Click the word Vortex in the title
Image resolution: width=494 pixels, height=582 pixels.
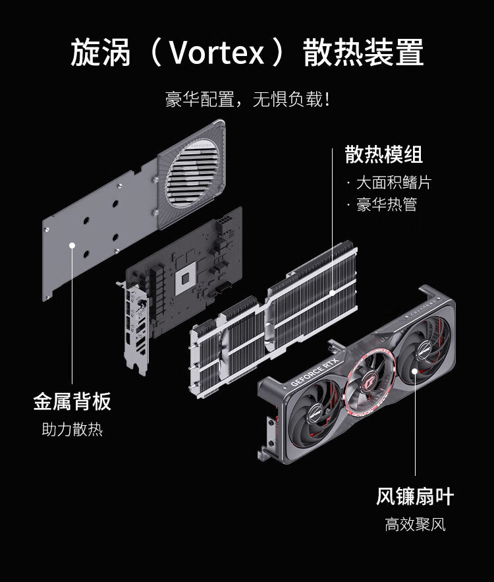tap(216, 53)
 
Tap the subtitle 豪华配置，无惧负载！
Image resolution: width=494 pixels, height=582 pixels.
tap(247, 100)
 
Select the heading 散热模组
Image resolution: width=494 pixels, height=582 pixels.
tap(383, 155)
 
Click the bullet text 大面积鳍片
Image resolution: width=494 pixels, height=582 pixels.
tap(393, 183)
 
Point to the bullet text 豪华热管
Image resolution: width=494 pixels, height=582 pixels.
tap(387, 204)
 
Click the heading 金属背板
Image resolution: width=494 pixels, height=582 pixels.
tap(72, 401)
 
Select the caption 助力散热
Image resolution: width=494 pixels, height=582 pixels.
tap(72, 430)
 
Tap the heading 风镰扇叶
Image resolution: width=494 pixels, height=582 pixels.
tap(415, 496)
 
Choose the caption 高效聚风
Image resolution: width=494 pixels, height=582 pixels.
tap(415, 525)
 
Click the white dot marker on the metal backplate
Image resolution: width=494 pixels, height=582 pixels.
tap(72, 245)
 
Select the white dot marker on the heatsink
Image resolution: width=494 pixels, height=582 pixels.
tap(333, 290)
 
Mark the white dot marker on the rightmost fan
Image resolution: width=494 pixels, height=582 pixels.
tap(414, 371)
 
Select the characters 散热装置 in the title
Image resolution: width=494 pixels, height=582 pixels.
tap(363, 53)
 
